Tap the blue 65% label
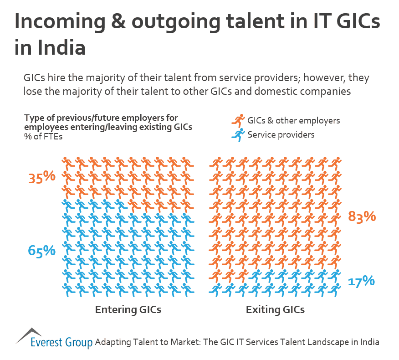pyautogui.click(x=41, y=250)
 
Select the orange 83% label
pyautogui.click(x=362, y=216)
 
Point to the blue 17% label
pyautogui.click(x=361, y=281)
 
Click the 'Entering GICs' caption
pyautogui.click(x=128, y=310)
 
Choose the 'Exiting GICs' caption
pyautogui.click(x=275, y=310)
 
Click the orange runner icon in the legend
pyautogui.click(x=238, y=121)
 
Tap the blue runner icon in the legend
pyautogui.click(x=238, y=134)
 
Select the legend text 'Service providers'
pyautogui.click(x=281, y=134)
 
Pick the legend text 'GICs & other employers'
pyautogui.click(x=293, y=121)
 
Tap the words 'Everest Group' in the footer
pyautogui.click(x=61, y=342)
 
